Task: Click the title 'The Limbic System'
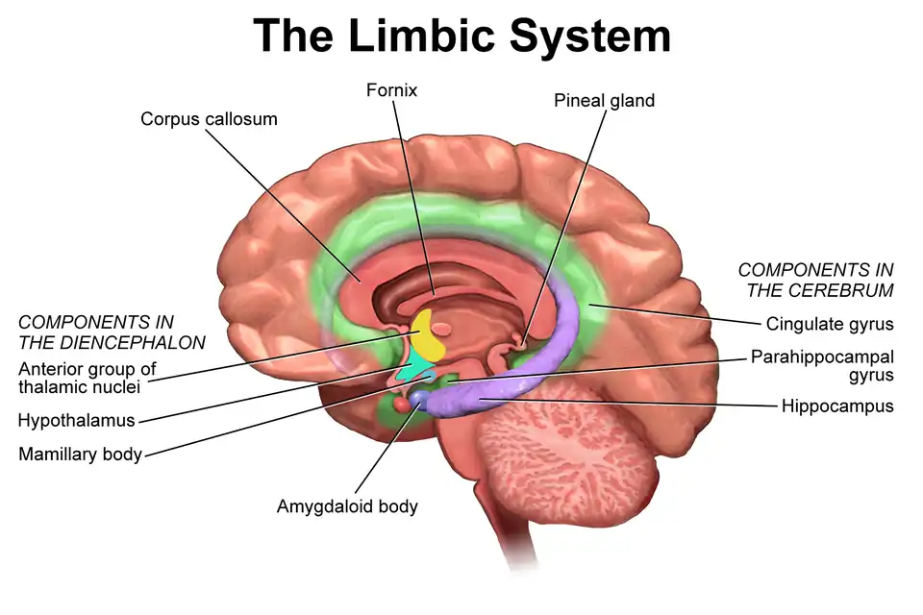point(461,36)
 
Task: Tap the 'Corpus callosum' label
point(209,119)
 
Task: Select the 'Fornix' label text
point(391,90)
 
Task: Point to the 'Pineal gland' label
point(604,100)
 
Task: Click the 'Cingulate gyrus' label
point(830,324)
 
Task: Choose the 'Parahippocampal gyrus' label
point(822,365)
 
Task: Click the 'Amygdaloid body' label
point(347,505)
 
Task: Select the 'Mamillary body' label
point(80,454)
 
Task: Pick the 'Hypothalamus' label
point(76,420)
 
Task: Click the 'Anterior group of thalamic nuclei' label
point(87,378)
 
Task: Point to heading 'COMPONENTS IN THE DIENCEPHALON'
point(112,332)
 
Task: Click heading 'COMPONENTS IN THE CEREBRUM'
point(815,280)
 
